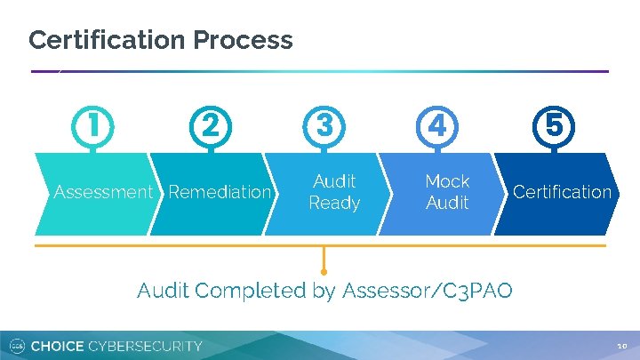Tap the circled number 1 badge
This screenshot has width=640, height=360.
click(92, 126)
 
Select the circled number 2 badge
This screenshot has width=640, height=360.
click(208, 126)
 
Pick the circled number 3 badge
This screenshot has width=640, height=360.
click(324, 126)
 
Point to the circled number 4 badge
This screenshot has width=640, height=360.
click(437, 126)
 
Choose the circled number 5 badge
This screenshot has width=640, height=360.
click(554, 126)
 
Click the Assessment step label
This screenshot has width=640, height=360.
click(103, 192)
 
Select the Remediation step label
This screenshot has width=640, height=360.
click(219, 192)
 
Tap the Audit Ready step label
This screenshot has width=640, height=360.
click(334, 192)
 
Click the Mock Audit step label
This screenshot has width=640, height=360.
click(447, 192)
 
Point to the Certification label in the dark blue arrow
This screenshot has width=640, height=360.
click(562, 192)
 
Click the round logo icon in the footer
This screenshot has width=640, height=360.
click(15, 346)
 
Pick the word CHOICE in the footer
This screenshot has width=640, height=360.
click(59, 346)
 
